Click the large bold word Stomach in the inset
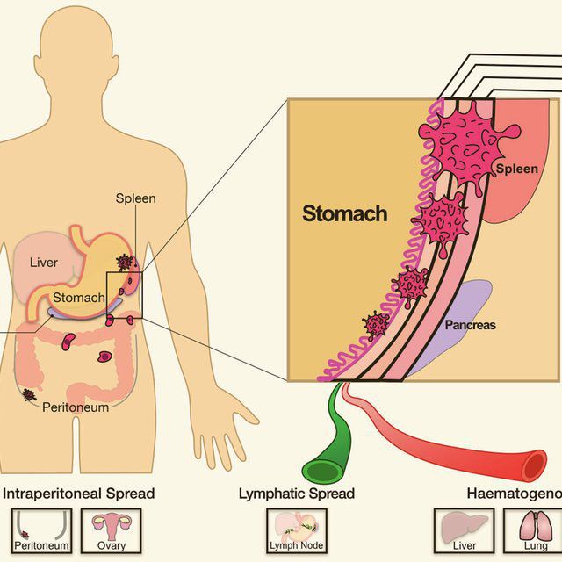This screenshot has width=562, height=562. (x=344, y=213)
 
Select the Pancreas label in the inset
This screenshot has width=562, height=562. (x=469, y=325)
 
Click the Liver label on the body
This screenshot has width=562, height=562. (x=43, y=263)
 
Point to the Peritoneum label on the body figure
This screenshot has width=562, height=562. (x=76, y=407)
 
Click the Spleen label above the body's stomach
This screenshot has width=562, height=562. (x=136, y=198)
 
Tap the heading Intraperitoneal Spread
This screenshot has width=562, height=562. (x=80, y=494)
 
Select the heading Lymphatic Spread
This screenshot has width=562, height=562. (x=297, y=494)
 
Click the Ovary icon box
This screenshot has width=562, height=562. (x=112, y=529)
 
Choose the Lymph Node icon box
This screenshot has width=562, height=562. (x=296, y=529)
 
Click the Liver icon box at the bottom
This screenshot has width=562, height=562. (x=462, y=529)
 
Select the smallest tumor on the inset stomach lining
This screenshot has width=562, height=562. (x=377, y=326)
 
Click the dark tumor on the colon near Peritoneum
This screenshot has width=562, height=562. (x=31, y=395)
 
